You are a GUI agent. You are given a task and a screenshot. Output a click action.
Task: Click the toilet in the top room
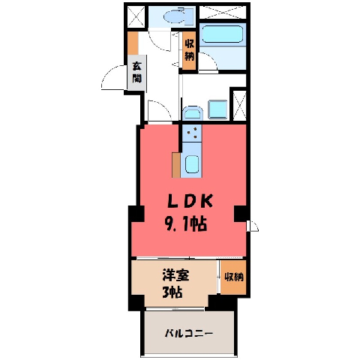coord(178,16)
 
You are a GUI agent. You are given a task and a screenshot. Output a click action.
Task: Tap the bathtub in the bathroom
coord(223,34)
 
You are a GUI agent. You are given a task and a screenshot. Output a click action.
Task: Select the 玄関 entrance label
coord(136,73)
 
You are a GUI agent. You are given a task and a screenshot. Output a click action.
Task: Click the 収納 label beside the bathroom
coord(189,50)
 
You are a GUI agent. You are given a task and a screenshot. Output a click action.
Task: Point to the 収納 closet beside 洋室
coord(233,277)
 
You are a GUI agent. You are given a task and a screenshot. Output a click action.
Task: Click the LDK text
coord(190,201)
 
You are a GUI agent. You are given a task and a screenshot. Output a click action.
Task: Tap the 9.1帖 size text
coord(185,223)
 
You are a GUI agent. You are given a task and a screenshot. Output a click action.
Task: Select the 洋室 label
coord(175,275)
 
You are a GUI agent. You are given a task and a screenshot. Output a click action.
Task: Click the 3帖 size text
coord(172,292)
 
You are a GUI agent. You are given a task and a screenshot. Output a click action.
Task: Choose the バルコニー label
coord(189,333)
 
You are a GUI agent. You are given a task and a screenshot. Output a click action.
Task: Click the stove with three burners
coord(192,133)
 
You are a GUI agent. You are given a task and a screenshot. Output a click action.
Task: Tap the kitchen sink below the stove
coord(192,164)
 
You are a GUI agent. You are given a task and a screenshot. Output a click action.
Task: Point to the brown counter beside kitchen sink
coord(176,165)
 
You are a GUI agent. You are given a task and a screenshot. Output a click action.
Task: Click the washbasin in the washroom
coord(192,113)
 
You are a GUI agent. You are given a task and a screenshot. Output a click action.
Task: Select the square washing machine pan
coord(217,109)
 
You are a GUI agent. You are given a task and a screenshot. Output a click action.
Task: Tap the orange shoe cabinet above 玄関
coord(133,43)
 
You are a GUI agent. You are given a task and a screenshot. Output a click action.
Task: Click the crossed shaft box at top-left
coord(136,16)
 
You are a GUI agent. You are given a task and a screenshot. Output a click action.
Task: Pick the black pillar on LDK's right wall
coord(241,214)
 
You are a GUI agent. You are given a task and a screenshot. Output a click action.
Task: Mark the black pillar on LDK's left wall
coord(136,214)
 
